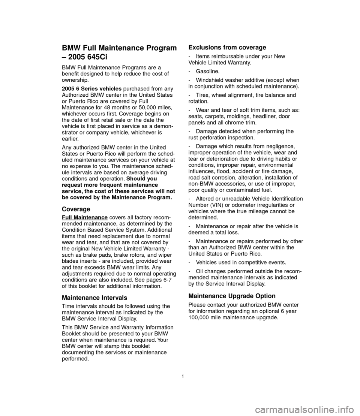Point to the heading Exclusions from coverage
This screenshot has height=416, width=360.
coord(227,48)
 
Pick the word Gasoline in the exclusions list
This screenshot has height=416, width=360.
coord(208,71)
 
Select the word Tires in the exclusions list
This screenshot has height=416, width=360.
coord(203,95)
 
